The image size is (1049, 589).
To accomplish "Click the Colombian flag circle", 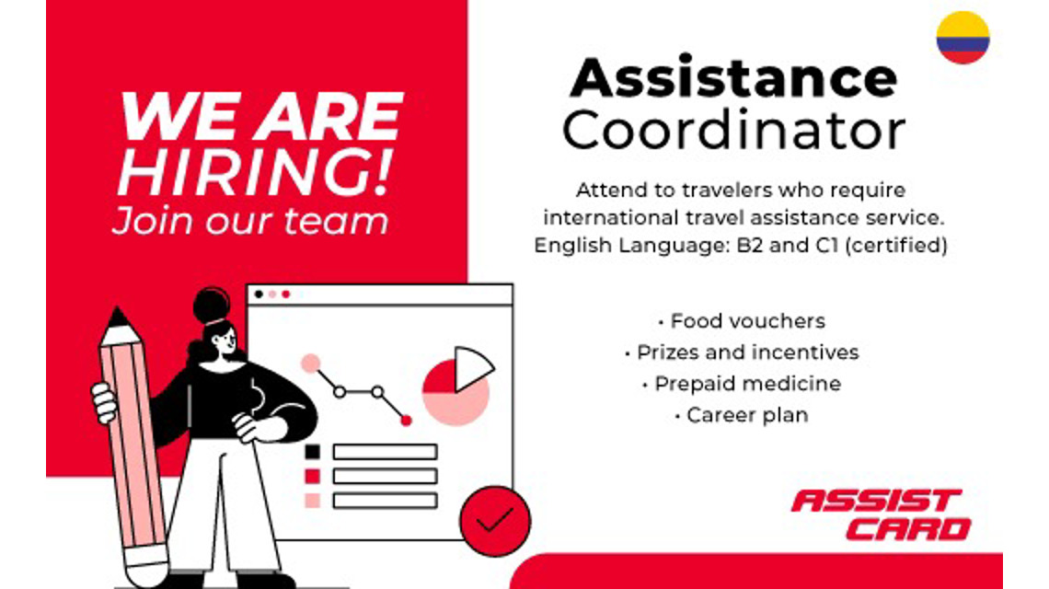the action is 963,38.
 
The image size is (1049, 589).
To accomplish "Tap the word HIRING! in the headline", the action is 255,172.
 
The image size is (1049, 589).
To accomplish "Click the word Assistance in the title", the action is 734,78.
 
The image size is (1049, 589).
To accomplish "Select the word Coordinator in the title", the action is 734,129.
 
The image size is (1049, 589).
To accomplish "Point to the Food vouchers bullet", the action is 742,321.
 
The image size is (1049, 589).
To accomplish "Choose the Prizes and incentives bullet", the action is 742,352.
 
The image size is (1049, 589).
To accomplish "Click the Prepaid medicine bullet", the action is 742,384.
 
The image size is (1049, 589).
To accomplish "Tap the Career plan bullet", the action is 742,416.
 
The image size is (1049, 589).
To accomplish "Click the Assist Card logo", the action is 881,514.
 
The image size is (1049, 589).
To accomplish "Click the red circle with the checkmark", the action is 495,521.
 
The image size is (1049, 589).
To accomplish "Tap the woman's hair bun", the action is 212,306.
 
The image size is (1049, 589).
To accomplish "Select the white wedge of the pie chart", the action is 472,368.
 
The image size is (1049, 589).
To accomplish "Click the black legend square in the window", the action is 313,452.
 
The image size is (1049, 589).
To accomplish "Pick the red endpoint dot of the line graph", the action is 406,421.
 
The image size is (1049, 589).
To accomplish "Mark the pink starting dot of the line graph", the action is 310,364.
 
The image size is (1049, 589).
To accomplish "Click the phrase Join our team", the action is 250,221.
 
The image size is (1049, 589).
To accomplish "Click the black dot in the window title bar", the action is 259,294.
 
